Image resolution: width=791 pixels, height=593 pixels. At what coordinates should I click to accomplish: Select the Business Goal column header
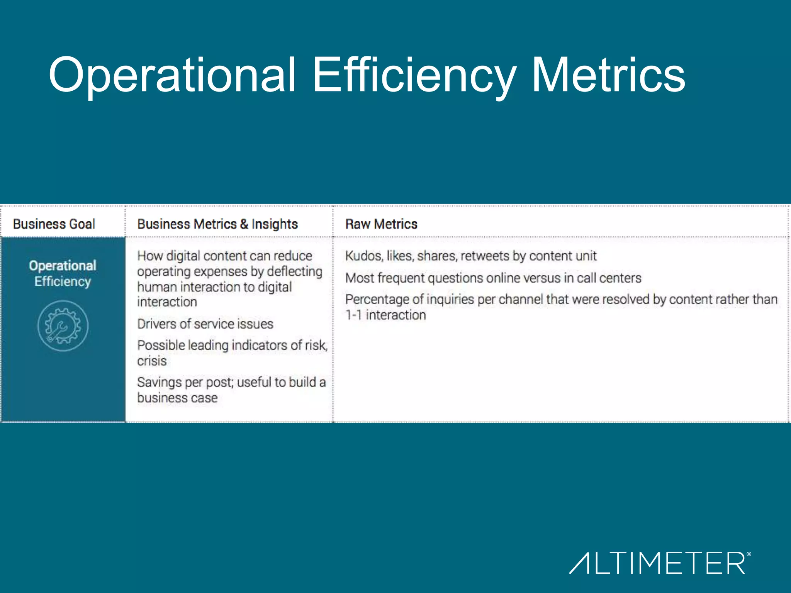click(54, 224)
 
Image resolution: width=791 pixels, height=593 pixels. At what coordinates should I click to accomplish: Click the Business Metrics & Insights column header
click(217, 224)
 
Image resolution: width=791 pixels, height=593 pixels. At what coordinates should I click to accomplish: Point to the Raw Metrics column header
click(381, 224)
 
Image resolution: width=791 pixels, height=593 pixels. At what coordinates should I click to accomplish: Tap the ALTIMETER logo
click(660, 563)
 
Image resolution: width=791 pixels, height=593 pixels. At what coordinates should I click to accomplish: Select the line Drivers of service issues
click(205, 324)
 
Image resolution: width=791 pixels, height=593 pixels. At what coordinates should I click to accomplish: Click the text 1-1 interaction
click(385, 315)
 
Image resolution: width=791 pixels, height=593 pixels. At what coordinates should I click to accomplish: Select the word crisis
click(152, 361)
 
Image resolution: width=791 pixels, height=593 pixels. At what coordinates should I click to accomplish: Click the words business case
click(177, 398)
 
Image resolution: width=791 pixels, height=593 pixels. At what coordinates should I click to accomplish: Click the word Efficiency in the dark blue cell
click(63, 281)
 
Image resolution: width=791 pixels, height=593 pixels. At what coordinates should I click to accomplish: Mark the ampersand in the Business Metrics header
click(244, 224)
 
